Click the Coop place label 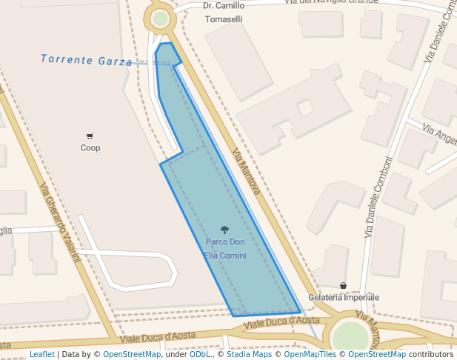coord(90,147)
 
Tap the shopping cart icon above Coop coord(90,136)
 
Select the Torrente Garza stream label coord(87,60)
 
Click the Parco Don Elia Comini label coord(225,249)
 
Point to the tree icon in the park coord(224,230)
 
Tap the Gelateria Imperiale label coord(343,297)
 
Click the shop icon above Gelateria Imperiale coord(343,285)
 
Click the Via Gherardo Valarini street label coord(59,222)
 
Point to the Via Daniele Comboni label coord(378,197)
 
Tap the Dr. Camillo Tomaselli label coord(223,12)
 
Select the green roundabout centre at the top coord(161,19)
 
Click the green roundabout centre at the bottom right coord(350,337)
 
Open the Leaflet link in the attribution coord(41,355)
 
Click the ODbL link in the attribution coord(200,355)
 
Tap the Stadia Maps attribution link coord(247,355)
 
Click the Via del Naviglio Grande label coord(331,2)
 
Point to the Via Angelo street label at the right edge coord(440,134)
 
